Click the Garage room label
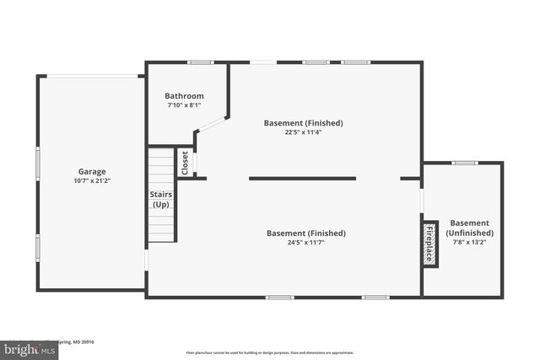(92, 171)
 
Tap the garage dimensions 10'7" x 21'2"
(92, 180)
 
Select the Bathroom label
(184, 96)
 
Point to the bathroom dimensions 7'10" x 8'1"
(184, 105)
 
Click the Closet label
(185, 163)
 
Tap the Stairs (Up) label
(161, 199)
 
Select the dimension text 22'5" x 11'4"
(304, 132)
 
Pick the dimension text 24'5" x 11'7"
(305, 243)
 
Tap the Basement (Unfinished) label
(470, 228)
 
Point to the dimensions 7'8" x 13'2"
(470, 242)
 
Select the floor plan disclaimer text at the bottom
(270, 353)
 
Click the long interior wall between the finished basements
(302, 178)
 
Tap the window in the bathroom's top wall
(201, 62)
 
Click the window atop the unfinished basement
(465, 163)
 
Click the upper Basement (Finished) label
(304, 122)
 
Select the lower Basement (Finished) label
(305, 234)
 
